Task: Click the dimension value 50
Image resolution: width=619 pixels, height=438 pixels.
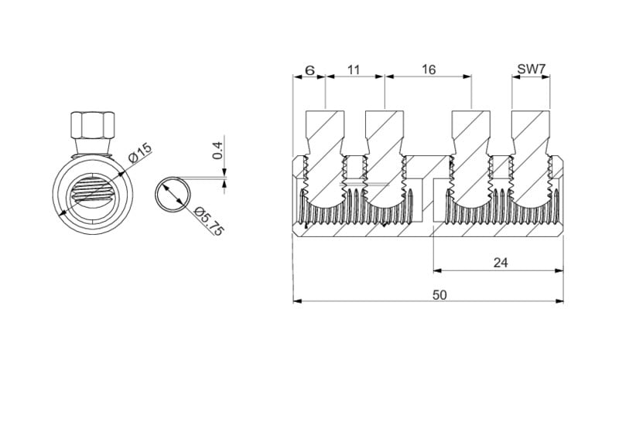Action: click(439, 295)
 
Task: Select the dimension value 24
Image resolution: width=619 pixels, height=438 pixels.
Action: click(501, 263)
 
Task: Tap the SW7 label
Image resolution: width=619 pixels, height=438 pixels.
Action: click(531, 70)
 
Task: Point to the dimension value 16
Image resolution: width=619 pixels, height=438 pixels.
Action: click(429, 70)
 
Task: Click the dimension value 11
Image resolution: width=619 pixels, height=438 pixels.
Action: click(354, 70)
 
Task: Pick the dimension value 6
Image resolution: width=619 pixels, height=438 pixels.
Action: click(310, 70)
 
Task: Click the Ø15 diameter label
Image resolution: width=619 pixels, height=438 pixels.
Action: click(140, 154)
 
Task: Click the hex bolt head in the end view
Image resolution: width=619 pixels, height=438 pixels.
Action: click(93, 125)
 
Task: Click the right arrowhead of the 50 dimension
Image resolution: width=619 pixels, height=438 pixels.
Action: click(559, 301)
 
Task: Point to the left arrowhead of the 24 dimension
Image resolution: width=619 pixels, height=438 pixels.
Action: click(437, 270)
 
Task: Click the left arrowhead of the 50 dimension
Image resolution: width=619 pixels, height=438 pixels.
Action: click(298, 301)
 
